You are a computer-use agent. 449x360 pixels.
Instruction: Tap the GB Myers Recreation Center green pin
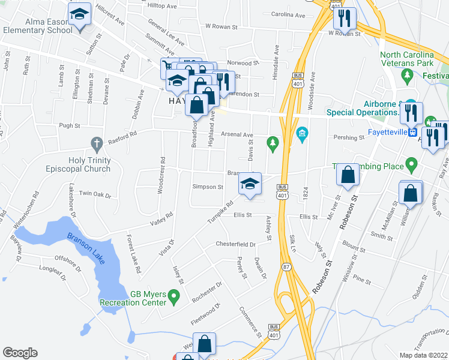(x=174, y=296)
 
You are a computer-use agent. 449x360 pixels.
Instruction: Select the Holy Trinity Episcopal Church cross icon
(x=96, y=143)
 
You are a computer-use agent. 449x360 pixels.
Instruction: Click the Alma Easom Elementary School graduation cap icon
(x=79, y=14)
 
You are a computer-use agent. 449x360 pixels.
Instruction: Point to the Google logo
(x=20, y=353)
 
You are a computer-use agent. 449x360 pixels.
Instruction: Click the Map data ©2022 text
(x=424, y=355)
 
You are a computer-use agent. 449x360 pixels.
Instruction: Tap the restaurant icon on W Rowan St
(x=345, y=18)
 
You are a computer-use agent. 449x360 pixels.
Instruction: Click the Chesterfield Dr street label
(x=236, y=244)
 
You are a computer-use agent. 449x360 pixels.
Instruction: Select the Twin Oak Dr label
(x=95, y=194)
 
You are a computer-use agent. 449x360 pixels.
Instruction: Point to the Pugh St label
(x=70, y=126)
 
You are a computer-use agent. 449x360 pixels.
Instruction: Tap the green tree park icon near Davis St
(x=274, y=143)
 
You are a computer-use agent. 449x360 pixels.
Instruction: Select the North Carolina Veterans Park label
(x=415, y=58)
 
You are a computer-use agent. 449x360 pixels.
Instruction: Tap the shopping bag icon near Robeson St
(x=348, y=175)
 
